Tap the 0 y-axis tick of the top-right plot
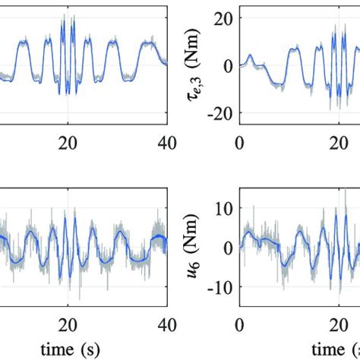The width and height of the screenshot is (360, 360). point(228,66)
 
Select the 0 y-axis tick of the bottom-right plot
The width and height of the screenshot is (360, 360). point(228,248)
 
